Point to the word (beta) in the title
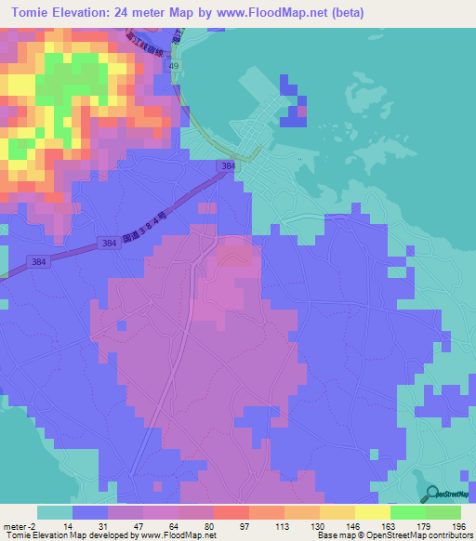[342, 13]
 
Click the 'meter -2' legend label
[18, 525]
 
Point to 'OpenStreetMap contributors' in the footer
[427, 535]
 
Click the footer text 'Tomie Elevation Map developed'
[56, 535]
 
